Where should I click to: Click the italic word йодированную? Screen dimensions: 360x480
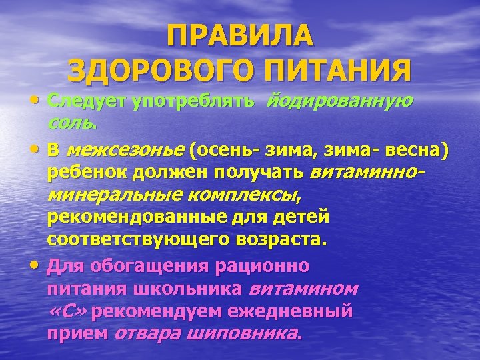tap(340, 101)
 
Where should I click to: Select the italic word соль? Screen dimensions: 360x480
tap(72, 123)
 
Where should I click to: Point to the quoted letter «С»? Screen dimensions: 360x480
tap(72, 311)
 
